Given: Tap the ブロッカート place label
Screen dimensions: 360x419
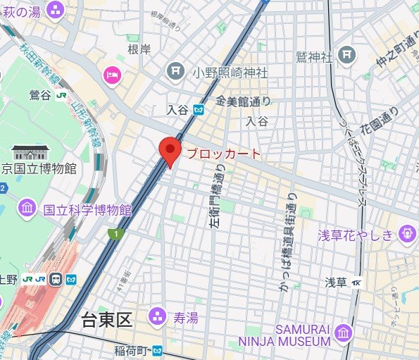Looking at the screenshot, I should (x=223, y=154).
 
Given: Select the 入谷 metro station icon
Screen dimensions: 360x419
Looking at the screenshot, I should (x=199, y=109).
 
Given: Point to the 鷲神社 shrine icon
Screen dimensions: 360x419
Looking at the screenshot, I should (x=345, y=54).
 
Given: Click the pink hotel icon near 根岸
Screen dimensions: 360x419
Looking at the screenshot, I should (x=112, y=74).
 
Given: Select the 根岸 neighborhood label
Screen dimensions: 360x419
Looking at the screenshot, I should (x=139, y=50).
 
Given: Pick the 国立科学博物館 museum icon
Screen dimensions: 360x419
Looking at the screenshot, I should (x=28, y=208).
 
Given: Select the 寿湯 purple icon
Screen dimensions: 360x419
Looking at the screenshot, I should (x=158, y=316).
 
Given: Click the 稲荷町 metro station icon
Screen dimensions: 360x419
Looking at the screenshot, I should (x=158, y=349).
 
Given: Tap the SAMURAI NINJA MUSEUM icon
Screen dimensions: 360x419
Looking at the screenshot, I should (x=343, y=333).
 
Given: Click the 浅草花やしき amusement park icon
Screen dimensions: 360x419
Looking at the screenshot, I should (x=406, y=233).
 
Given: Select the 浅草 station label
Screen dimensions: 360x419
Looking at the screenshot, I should (x=335, y=282).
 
